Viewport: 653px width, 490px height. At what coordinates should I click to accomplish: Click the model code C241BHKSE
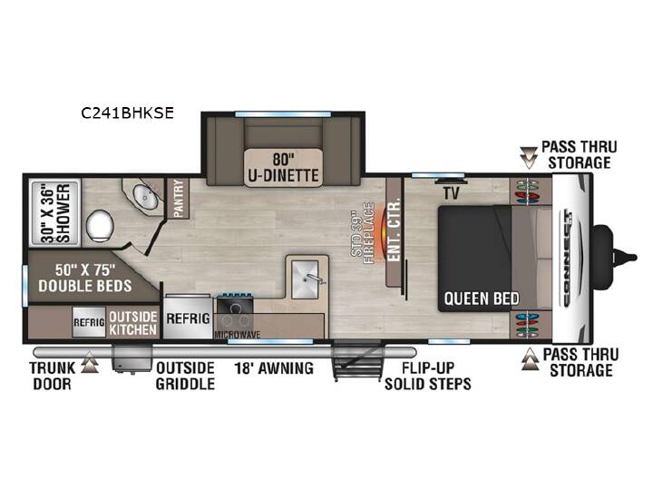click(128, 113)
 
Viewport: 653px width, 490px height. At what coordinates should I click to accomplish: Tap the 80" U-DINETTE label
click(283, 167)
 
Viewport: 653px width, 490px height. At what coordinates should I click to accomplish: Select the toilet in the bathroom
click(100, 225)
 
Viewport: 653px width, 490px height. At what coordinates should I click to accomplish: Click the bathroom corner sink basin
click(145, 197)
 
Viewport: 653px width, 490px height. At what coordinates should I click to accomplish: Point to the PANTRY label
click(179, 199)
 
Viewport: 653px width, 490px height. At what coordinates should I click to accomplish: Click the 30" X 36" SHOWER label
click(55, 213)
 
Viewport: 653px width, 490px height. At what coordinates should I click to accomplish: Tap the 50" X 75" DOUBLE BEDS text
click(85, 278)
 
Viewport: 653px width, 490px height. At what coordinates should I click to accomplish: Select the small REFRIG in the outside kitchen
click(89, 322)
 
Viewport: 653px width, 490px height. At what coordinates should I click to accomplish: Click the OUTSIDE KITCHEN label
click(132, 323)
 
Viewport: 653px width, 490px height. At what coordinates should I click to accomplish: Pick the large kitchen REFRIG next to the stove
click(188, 318)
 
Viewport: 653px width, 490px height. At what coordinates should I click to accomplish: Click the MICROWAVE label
click(238, 335)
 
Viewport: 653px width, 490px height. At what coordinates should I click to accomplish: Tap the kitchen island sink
click(306, 279)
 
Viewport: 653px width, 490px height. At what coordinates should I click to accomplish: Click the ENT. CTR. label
click(394, 230)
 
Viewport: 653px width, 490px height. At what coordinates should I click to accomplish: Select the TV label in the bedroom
click(451, 193)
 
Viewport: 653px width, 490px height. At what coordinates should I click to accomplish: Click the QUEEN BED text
click(482, 299)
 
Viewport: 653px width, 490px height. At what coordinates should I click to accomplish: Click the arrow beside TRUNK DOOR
click(89, 362)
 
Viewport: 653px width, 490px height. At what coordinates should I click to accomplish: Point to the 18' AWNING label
click(274, 368)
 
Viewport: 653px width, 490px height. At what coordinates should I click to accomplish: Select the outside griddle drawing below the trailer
click(132, 358)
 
